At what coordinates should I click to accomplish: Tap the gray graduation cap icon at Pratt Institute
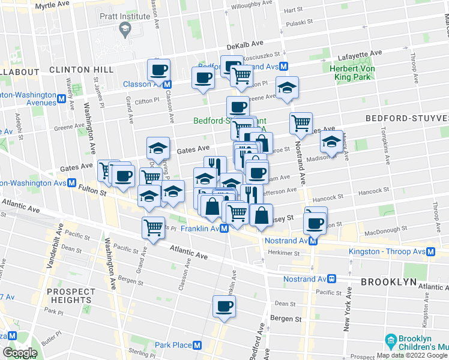click(125, 28)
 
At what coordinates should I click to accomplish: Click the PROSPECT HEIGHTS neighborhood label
click(71, 295)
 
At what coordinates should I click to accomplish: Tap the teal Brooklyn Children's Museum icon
click(391, 340)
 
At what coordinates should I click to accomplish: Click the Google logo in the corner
click(20, 353)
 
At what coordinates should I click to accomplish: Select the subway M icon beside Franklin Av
click(224, 229)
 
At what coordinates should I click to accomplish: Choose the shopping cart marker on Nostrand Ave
click(301, 123)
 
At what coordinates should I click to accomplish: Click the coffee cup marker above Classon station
click(159, 70)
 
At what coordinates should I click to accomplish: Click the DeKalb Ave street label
click(245, 45)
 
